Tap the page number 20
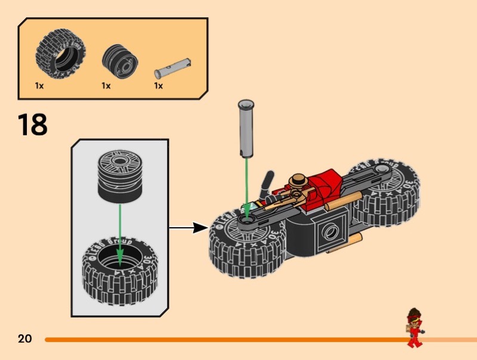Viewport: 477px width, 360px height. (24, 339)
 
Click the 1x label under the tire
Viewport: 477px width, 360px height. (39, 86)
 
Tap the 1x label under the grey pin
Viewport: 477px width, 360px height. (159, 86)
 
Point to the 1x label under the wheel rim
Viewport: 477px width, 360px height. (106, 86)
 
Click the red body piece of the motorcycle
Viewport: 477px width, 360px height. (325, 188)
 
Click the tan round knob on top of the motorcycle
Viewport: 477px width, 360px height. (298, 179)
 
